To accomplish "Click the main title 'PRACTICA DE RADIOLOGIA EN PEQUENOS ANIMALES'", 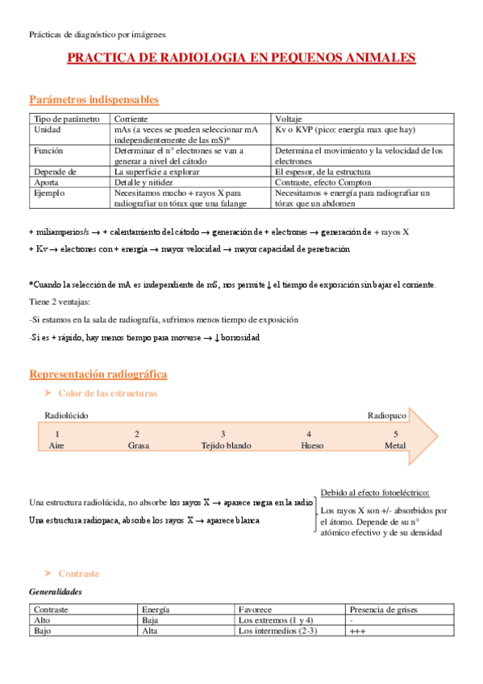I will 241,58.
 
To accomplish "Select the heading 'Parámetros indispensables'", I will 94,99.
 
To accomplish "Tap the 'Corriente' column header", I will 131,119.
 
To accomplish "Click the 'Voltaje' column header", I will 289,119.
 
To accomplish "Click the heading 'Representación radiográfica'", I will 98,374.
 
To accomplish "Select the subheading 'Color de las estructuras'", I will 107,393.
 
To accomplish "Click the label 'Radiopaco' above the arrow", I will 387,415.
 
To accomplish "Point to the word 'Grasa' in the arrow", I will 138,445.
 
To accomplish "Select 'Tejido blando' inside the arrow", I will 226,445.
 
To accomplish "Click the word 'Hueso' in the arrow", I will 312,445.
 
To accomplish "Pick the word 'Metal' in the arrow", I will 395,445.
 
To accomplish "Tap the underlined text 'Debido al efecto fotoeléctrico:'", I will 375,492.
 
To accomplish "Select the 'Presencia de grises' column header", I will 385,610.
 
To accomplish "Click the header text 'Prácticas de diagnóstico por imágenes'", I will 97,35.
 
